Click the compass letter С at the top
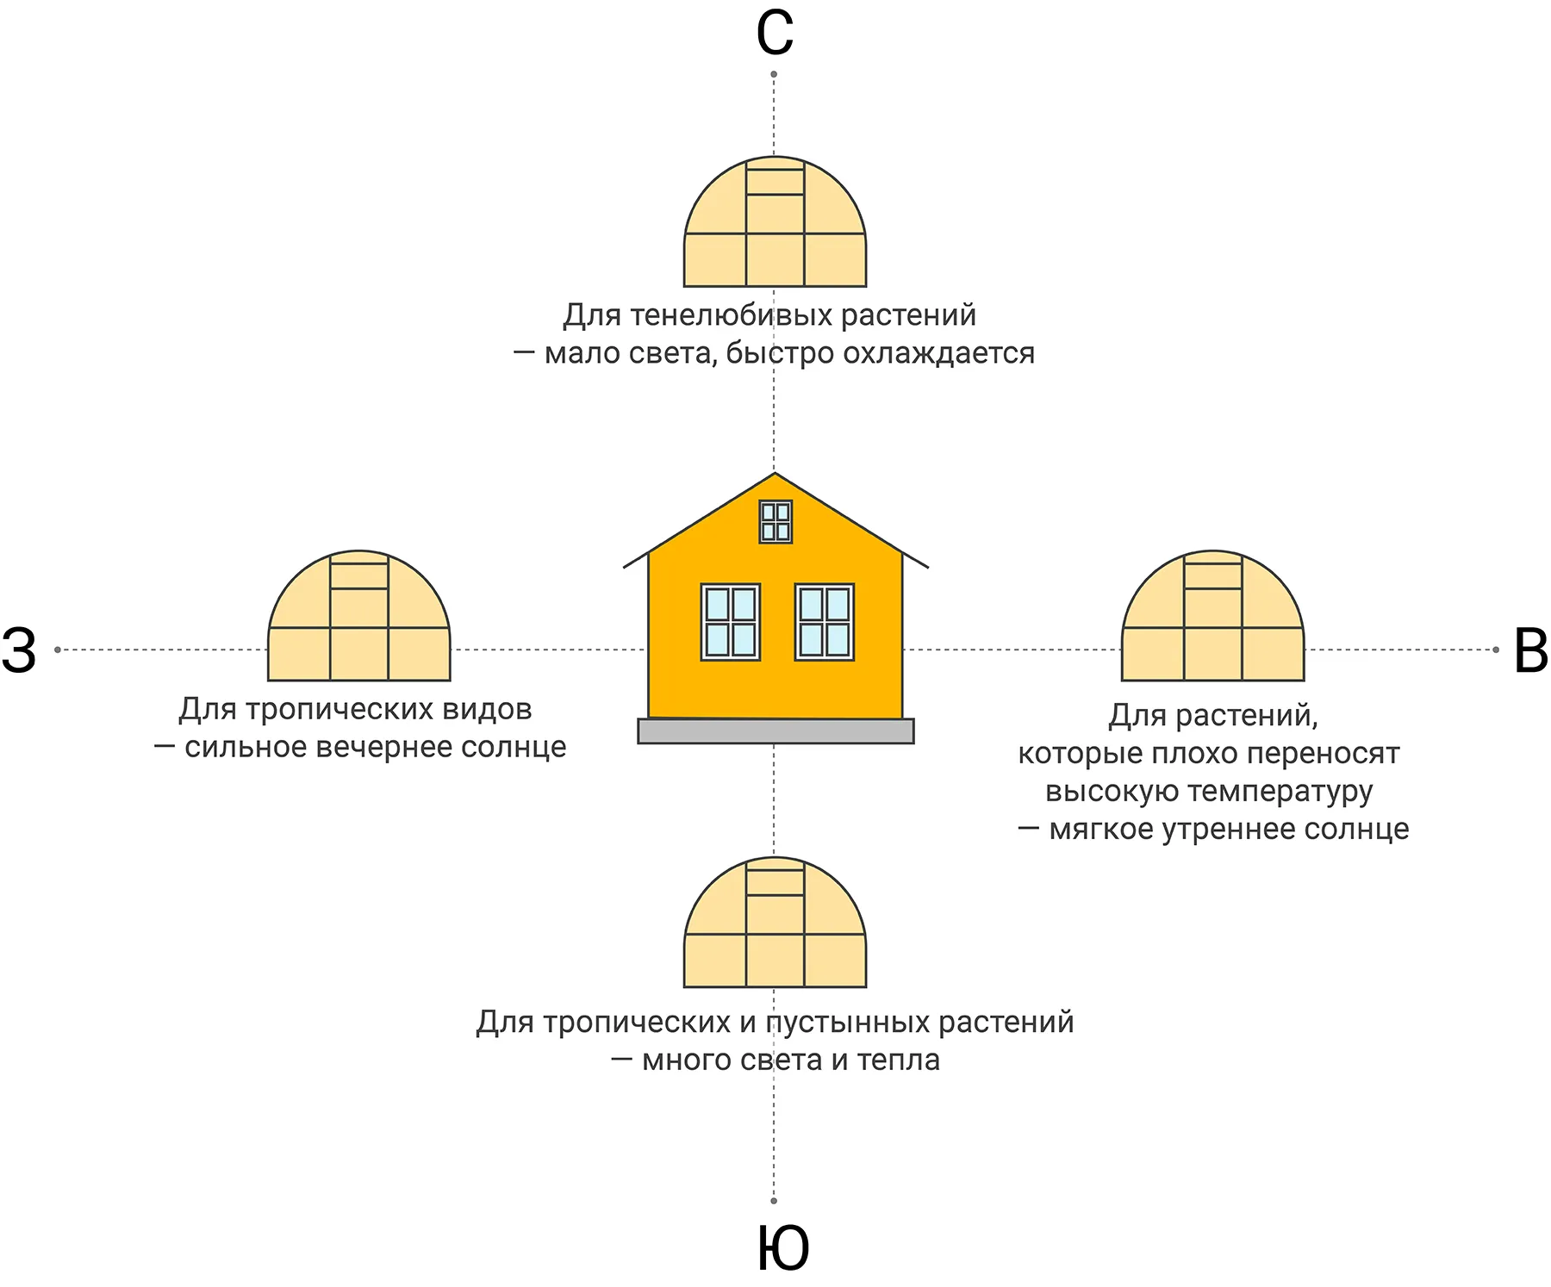pyautogui.click(x=774, y=34)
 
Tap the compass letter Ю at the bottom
pyautogui.click(x=783, y=1248)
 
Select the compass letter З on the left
pyautogui.click(x=19, y=650)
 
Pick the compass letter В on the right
pyautogui.click(x=1531, y=650)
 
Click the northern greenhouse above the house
pyautogui.click(x=775, y=221)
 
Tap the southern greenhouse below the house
pyautogui.click(x=775, y=922)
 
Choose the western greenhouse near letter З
pyautogui.click(x=359, y=615)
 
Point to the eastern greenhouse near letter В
pyautogui.click(x=1212, y=615)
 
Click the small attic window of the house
pyautogui.click(x=775, y=521)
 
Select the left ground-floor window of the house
pyautogui.click(x=731, y=622)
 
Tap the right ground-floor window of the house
pyautogui.click(x=825, y=622)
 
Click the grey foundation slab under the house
pyautogui.click(x=775, y=731)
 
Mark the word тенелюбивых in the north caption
pyautogui.click(x=732, y=315)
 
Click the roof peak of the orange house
pyautogui.click(x=775, y=473)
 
